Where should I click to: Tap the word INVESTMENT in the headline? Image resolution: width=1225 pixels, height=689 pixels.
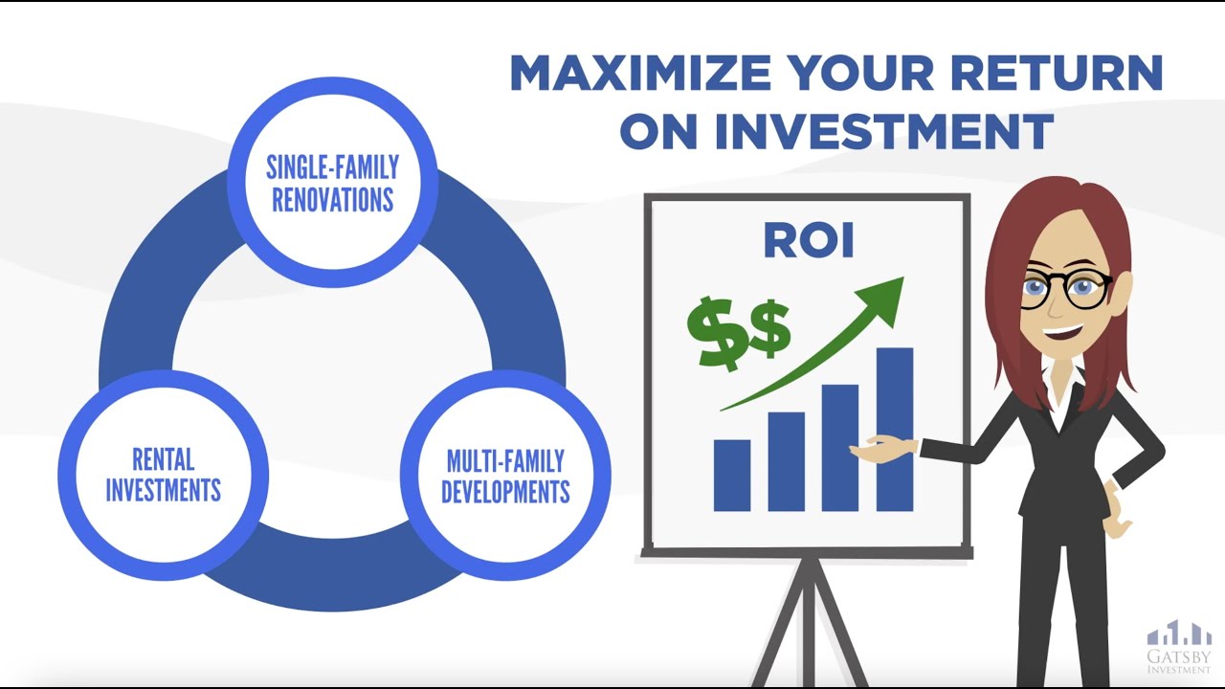coord(883,131)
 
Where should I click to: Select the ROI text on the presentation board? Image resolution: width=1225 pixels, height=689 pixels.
coord(809,240)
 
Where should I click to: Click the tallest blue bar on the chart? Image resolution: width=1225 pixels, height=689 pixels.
coord(895,430)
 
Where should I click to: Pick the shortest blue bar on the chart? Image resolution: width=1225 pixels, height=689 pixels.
coord(732,476)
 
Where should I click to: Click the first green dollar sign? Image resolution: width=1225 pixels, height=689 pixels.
coord(717,334)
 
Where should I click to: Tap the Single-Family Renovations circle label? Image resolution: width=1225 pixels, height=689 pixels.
coord(332,183)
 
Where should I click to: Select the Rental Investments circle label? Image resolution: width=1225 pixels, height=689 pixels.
coord(163,475)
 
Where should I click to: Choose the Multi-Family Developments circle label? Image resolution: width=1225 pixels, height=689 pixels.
coord(505,477)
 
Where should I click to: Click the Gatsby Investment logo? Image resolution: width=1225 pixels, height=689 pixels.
coord(1178,646)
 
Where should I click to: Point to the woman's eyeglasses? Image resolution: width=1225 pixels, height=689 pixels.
coord(1066,289)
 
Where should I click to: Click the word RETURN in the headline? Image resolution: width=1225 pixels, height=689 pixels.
coord(1057,73)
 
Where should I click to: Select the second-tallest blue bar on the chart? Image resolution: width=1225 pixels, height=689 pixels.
coord(840,448)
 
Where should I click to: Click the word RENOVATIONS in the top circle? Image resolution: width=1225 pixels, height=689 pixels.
coord(332,200)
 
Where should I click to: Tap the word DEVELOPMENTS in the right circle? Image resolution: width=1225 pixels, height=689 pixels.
coord(505,492)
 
